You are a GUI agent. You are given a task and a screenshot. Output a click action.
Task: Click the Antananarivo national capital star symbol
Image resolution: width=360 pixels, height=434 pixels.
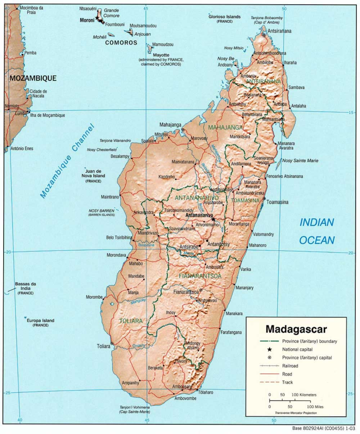pyautogui.click(x=213, y=219)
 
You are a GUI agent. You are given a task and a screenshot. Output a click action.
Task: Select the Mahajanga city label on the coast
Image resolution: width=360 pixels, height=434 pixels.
pyautogui.click(x=171, y=125)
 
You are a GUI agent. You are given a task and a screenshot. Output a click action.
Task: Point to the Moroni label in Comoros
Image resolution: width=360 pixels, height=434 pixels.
pyautogui.click(x=87, y=21)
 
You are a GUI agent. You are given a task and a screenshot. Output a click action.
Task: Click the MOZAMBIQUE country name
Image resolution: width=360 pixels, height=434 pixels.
pyautogui.click(x=33, y=78)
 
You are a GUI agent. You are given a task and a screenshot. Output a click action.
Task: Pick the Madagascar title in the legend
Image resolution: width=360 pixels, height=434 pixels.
pyautogui.click(x=296, y=329)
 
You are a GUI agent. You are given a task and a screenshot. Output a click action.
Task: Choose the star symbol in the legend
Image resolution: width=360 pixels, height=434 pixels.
pyautogui.click(x=269, y=349)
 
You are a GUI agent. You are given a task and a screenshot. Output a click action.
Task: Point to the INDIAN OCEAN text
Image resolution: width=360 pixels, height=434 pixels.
pyautogui.click(x=317, y=231)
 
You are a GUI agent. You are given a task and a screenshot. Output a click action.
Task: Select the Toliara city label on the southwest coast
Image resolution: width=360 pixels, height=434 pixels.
pyautogui.click(x=103, y=346)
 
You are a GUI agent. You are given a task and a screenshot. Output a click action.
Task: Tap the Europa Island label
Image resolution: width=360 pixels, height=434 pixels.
pyautogui.click(x=40, y=321)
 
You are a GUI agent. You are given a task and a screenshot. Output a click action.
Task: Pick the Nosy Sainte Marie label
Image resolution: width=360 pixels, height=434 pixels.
pyautogui.click(x=300, y=161)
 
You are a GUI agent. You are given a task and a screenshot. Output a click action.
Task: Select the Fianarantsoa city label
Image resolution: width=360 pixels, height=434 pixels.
pyautogui.click(x=186, y=292)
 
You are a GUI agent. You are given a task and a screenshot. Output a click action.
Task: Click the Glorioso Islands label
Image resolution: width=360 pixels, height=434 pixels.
pyautogui.click(x=224, y=17)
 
